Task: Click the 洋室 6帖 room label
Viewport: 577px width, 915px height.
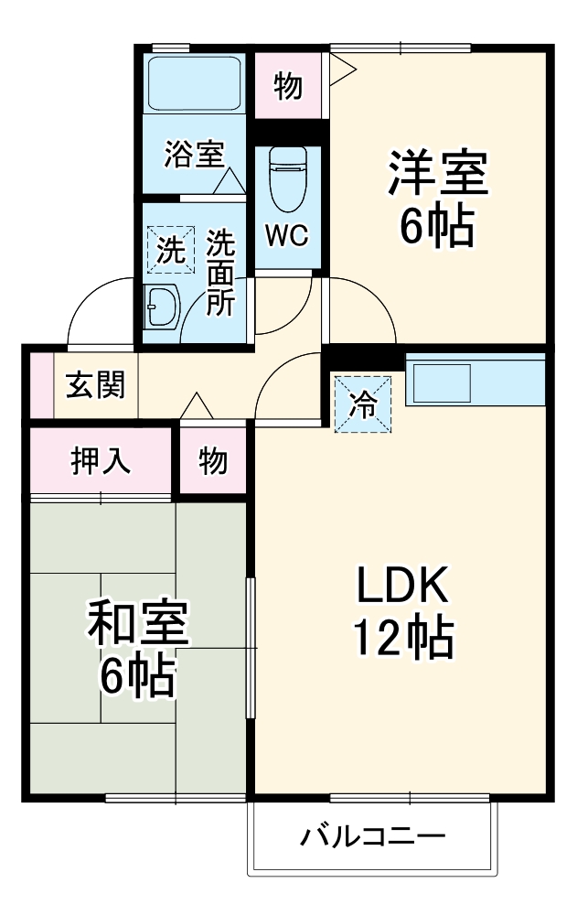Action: point(437,199)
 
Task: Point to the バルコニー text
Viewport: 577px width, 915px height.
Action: point(372,837)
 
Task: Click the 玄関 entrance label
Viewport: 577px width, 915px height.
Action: point(94,385)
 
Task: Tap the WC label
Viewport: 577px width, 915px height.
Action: point(287,235)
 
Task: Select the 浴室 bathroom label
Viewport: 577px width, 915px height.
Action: point(194,154)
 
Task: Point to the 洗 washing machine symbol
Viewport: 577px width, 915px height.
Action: point(170,249)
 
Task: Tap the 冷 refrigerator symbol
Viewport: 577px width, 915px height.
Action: point(363,404)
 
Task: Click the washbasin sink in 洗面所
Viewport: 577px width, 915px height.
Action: point(162,306)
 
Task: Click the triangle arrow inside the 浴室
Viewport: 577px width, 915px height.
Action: point(230,180)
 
